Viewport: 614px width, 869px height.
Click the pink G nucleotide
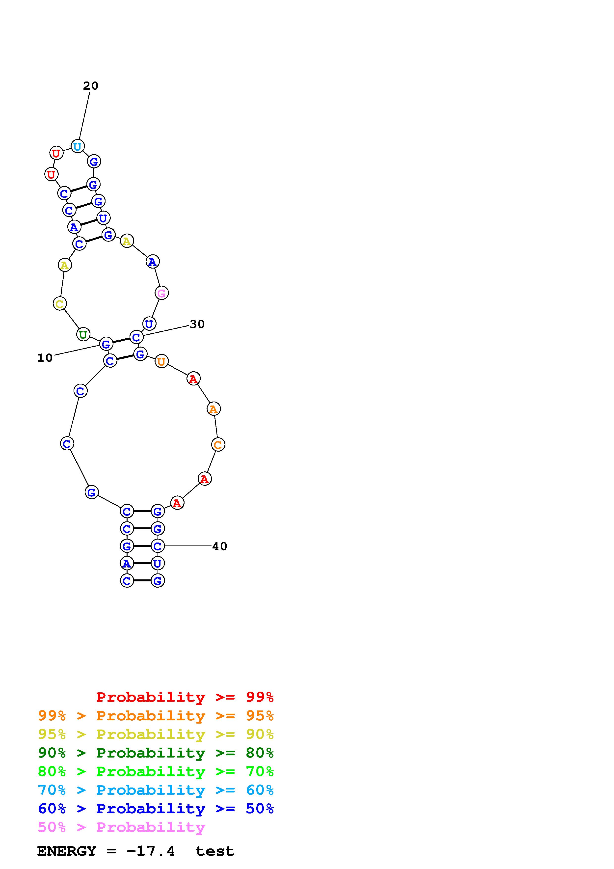tap(161, 293)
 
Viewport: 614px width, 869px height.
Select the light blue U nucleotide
tap(78, 146)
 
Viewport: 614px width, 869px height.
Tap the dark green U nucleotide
tap(83, 335)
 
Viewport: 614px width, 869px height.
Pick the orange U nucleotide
tap(161, 361)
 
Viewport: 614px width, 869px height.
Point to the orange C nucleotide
tap(218, 445)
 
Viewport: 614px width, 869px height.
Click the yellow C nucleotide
tap(60, 303)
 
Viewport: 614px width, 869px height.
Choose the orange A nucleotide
tap(214, 409)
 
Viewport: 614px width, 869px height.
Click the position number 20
tap(91, 86)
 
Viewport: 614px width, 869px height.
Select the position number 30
tap(197, 324)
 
